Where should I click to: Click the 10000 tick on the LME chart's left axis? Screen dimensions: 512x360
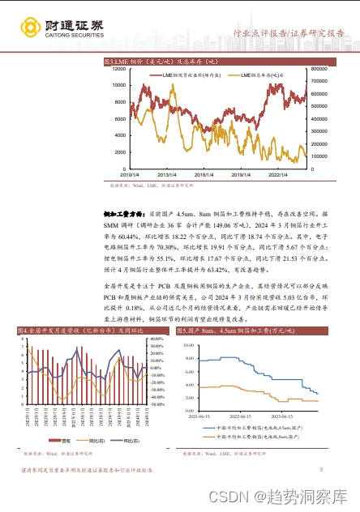pos(117,84)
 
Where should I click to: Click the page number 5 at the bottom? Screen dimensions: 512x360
pos(322,469)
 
